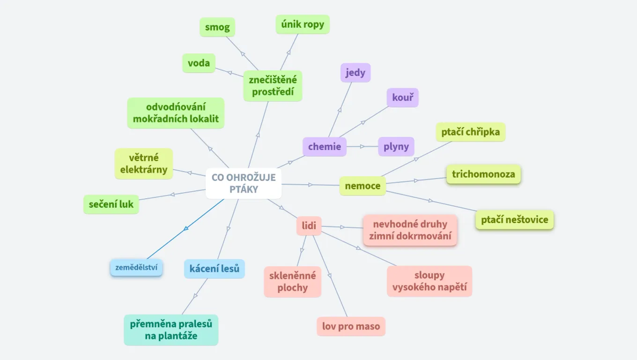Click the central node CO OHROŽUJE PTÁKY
244,183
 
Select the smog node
217,27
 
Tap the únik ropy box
303,24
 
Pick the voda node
199,63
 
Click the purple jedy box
356,73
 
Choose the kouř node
402,97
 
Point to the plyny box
396,147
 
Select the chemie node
325,147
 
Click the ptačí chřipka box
471,132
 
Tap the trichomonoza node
483,174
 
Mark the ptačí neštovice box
515,220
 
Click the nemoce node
363,186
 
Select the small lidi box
309,226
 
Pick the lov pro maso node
351,326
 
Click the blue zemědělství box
136,268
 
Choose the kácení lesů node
215,269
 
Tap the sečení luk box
111,204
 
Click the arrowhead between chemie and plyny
363,147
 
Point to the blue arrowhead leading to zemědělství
186,228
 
